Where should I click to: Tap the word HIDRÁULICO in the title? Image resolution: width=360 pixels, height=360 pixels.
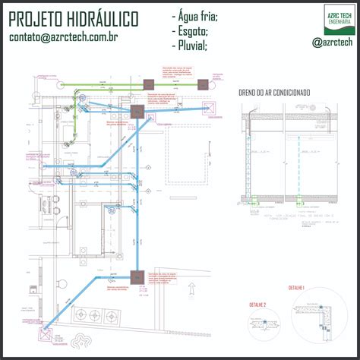point(103,17)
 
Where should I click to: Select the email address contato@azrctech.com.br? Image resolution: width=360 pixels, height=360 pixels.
point(63,37)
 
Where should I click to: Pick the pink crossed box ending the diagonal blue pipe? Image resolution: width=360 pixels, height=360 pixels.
point(45,332)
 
